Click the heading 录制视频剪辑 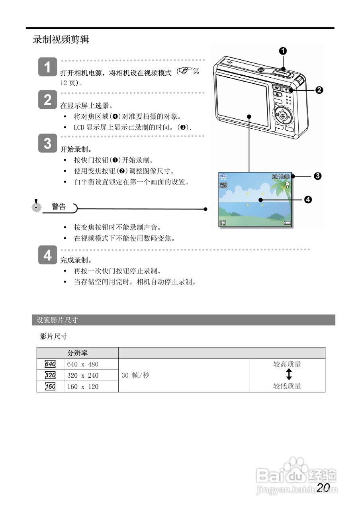click(61, 40)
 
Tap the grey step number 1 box click(48, 68)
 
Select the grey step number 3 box click(48, 143)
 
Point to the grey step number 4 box click(48, 255)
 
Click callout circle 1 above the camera click(283, 51)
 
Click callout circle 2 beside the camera click(319, 90)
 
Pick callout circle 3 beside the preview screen click(317, 176)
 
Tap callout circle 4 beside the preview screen click(308, 200)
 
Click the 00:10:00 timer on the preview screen click(280, 176)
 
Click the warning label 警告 click(59, 207)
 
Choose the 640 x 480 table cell click(83, 364)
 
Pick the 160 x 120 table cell click(83, 386)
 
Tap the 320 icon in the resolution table click(50, 375)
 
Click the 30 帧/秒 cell click(135, 375)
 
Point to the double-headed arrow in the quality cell click(289, 375)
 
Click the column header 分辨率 click(78, 353)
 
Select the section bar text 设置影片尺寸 click(57, 320)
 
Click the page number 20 click(323, 487)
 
